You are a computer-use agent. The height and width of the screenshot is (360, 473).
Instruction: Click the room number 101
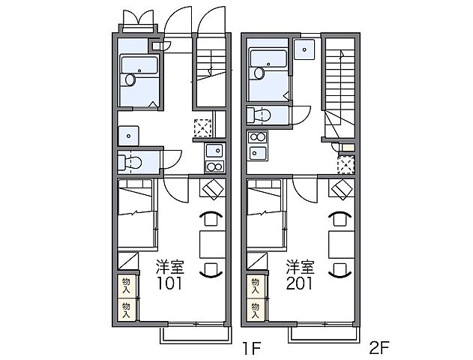click(x=169, y=283)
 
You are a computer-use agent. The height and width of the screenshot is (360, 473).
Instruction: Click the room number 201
click(x=300, y=283)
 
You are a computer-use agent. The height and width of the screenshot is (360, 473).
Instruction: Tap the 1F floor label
click(x=251, y=349)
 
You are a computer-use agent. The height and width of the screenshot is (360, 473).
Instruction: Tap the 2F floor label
click(x=379, y=348)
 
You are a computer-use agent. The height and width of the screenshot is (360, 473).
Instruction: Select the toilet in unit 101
click(x=130, y=163)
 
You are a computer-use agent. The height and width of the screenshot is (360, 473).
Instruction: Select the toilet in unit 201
click(x=259, y=115)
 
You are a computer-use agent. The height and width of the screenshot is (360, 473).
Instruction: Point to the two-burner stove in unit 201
click(x=258, y=137)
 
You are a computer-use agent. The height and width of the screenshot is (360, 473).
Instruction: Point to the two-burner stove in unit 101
click(x=214, y=166)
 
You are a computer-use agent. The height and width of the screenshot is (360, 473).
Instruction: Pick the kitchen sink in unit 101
click(x=214, y=151)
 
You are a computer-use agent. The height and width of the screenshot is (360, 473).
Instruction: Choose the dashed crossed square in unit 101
click(x=202, y=128)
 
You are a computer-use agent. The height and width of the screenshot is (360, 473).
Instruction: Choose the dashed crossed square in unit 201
click(x=346, y=165)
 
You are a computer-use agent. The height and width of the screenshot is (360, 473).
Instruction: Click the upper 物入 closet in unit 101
click(x=127, y=286)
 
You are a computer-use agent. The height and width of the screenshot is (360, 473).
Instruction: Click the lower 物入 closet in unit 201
click(x=255, y=310)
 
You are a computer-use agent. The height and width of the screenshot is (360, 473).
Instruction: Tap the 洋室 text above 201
click(x=300, y=267)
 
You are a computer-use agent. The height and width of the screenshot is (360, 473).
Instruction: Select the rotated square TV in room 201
click(x=342, y=189)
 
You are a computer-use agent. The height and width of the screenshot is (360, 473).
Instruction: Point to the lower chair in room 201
click(x=340, y=270)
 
